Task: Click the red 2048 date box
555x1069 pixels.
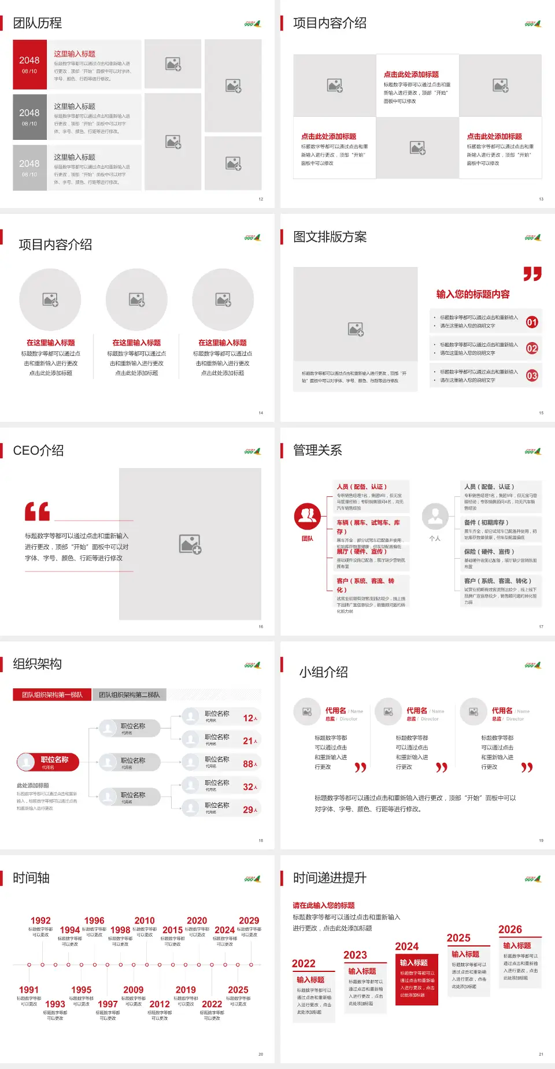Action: pyautogui.click(x=29, y=64)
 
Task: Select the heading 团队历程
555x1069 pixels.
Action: pyautogui.click(x=38, y=23)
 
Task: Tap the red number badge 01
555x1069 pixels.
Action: pyautogui.click(x=532, y=322)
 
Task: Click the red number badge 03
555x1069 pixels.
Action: pyautogui.click(x=532, y=376)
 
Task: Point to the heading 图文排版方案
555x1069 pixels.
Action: pyautogui.click(x=330, y=237)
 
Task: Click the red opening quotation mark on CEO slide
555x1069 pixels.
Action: pyautogui.click(x=37, y=511)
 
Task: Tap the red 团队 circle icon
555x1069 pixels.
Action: pyautogui.click(x=308, y=516)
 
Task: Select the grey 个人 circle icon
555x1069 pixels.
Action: pyautogui.click(x=435, y=516)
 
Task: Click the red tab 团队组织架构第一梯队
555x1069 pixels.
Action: pyautogui.click(x=52, y=695)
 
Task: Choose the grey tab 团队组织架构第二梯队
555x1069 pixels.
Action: pyautogui.click(x=129, y=695)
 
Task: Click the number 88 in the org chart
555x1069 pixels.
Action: pyautogui.click(x=249, y=764)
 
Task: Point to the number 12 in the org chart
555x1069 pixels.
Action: pyautogui.click(x=249, y=718)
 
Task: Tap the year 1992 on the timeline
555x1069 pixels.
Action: pyautogui.click(x=40, y=920)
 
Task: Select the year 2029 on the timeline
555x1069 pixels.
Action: pyautogui.click(x=249, y=920)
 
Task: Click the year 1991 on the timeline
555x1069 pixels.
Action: pyautogui.click(x=29, y=990)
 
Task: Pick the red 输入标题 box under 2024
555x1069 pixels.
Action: pyautogui.click(x=416, y=979)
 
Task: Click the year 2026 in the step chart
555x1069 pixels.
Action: pyautogui.click(x=510, y=929)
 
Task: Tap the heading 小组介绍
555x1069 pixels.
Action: pyautogui.click(x=323, y=672)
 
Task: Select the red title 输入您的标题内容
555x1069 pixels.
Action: pyautogui.click(x=473, y=294)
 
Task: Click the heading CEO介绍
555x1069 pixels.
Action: pyautogui.click(x=38, y=451)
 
